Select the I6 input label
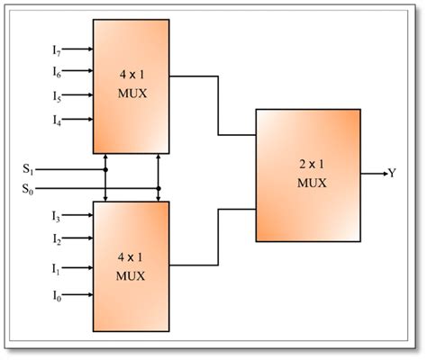coord(56,71)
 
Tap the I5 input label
coord(56,94)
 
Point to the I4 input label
coord(56,119)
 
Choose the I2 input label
coord(56,240)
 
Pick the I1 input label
coord(56,268)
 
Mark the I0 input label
coord(56,295)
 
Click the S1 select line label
coord(30,168)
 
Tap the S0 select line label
coord(30,188)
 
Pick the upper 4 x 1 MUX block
coord(131,85)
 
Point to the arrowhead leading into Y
coord(382,173)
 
